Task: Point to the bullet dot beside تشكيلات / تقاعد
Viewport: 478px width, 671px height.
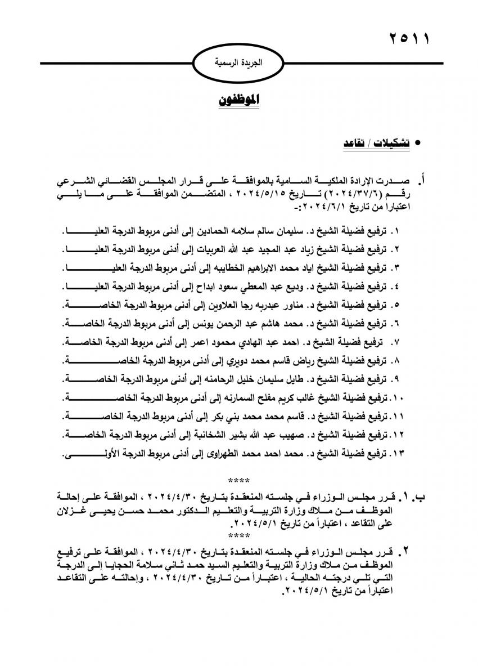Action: click(417, 145)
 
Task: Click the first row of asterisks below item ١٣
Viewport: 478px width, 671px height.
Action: click(239, 480)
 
